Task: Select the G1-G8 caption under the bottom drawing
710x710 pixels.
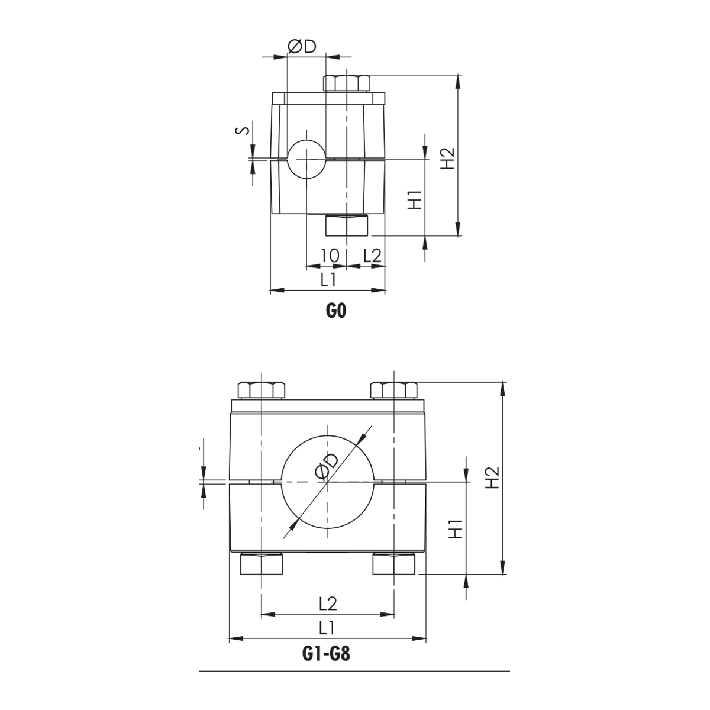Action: (326, 654)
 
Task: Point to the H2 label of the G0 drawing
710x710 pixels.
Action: (448, 159)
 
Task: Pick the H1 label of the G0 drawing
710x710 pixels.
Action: (415, 200)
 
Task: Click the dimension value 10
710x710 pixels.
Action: (330, 256)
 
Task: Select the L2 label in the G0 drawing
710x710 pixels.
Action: (372, 256)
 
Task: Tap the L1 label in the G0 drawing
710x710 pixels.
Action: (328, 280)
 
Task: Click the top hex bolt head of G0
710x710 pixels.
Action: (346, 83)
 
